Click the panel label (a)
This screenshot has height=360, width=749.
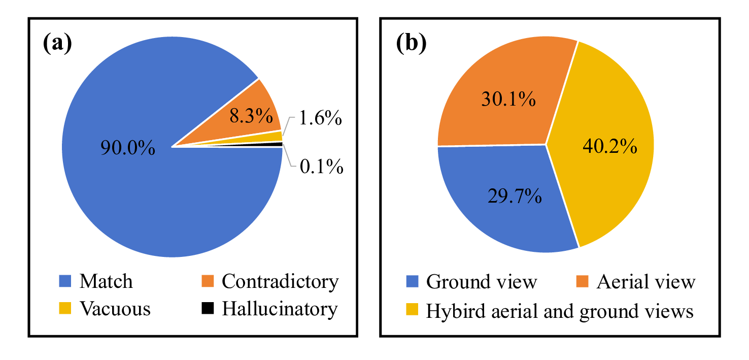click(x=57, y=45)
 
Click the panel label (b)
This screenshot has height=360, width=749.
click(x=411, y=45)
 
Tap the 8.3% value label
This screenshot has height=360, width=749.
click(x=251, y=117)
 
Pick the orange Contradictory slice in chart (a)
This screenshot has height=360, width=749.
click(x=254, y=109)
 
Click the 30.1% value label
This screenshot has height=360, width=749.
click(x=508, y=100)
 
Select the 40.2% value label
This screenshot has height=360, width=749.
click(x=609, y=147)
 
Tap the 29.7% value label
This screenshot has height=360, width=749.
click(x=514, y=194)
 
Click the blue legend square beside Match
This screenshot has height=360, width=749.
click(x=66, y=281)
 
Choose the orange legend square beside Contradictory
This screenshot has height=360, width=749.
click(x=208, y=281)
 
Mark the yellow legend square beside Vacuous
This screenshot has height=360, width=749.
click(x=66, y=308)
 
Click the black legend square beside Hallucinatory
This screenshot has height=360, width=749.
click(x=208, y=308)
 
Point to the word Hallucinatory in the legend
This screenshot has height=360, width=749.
click(x=280, y=309)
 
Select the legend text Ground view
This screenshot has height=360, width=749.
click(x=481, y=281)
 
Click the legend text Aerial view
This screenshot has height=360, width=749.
click(x=645, y=281)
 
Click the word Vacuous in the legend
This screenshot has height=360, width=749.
click(x=115, y=309)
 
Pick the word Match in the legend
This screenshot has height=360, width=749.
click(x=106, y=281)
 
